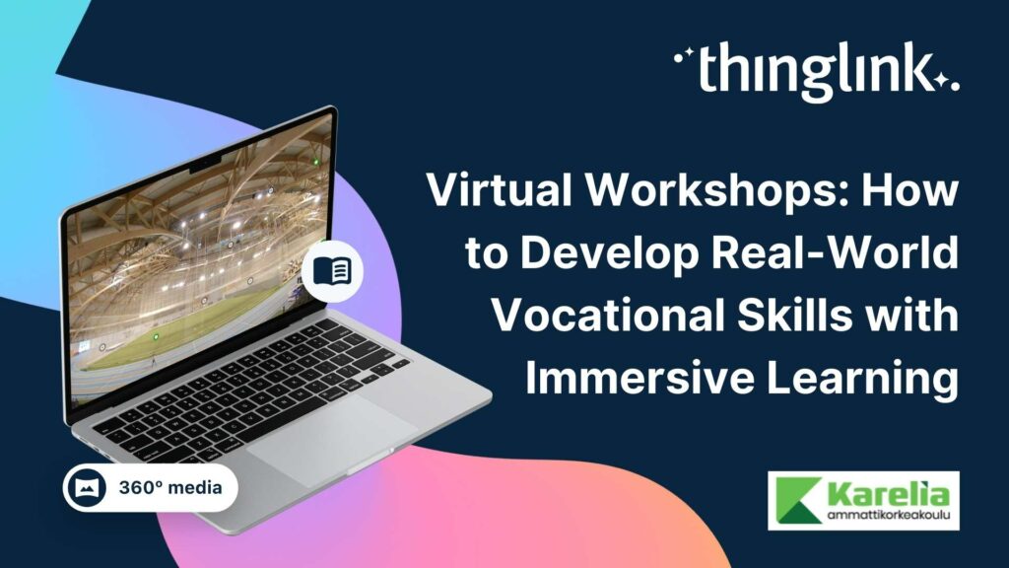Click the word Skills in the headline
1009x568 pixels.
pos(794,317)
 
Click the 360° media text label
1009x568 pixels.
pos(169,488)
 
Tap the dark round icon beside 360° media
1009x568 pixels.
pos(90,488)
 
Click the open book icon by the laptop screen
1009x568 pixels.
pos(332,269)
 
